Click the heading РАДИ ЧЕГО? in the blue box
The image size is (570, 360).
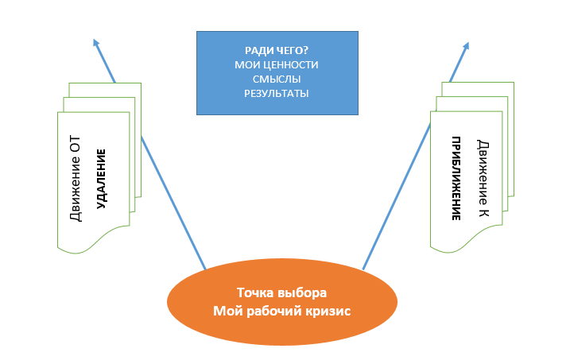[277, 49]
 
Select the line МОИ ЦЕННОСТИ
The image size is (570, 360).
[277, 64]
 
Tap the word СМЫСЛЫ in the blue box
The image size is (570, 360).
[277, 79]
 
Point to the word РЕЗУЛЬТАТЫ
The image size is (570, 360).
[277, 94]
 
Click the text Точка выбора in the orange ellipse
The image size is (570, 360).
[281, 292]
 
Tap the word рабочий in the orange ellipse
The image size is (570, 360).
[270, 311]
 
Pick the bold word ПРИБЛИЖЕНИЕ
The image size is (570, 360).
[458, 179]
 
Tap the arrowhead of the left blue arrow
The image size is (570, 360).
[95, 42]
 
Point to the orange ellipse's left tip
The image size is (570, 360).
[169, 301]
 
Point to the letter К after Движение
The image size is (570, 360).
[483, 211]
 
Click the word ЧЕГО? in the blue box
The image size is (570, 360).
[289, 49]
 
